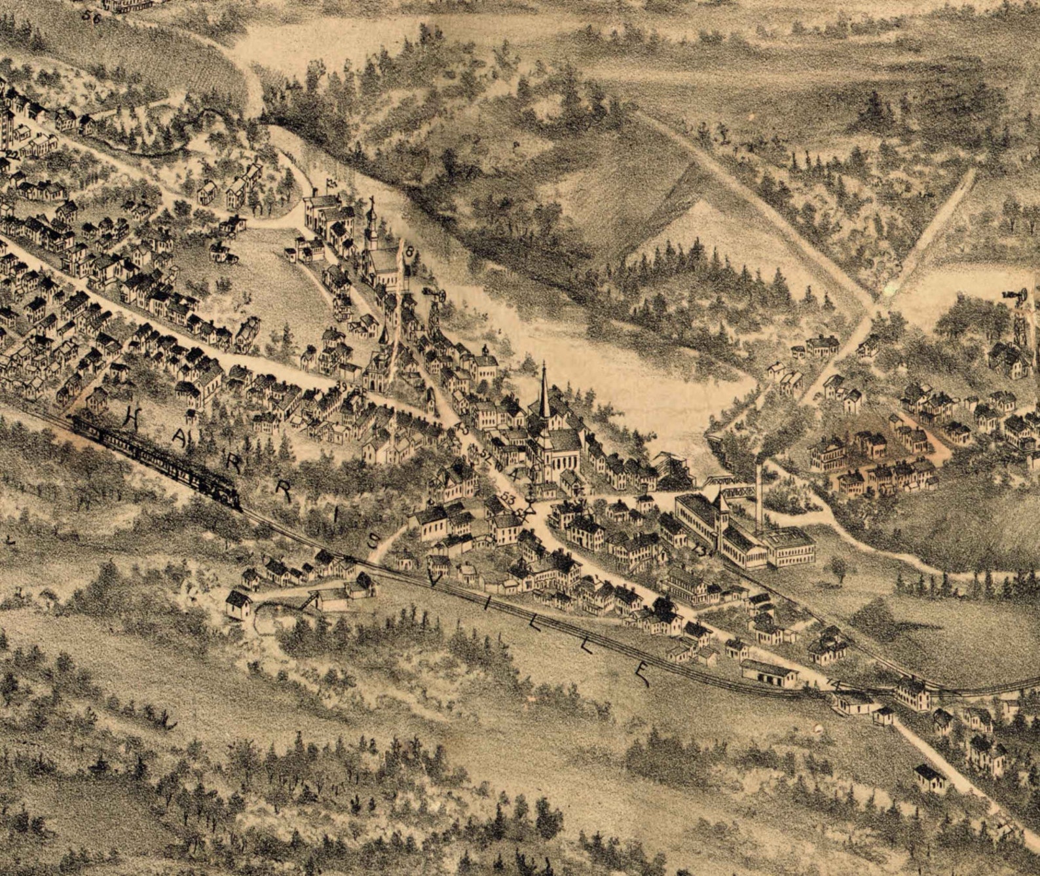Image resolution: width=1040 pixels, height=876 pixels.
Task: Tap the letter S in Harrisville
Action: [x=371, y=540]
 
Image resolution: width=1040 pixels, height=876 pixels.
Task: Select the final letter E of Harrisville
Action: [x=645, y=674]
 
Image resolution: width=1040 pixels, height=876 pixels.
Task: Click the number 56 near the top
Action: [x=92, y=18]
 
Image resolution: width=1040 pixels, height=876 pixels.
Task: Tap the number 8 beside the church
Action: [x=410, y=251]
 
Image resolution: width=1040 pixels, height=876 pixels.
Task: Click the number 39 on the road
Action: [x=342, y=388]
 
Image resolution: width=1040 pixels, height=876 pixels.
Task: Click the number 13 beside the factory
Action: [x=703, y=551]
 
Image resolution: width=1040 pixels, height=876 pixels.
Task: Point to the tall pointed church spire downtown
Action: [x=544, y=393]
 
